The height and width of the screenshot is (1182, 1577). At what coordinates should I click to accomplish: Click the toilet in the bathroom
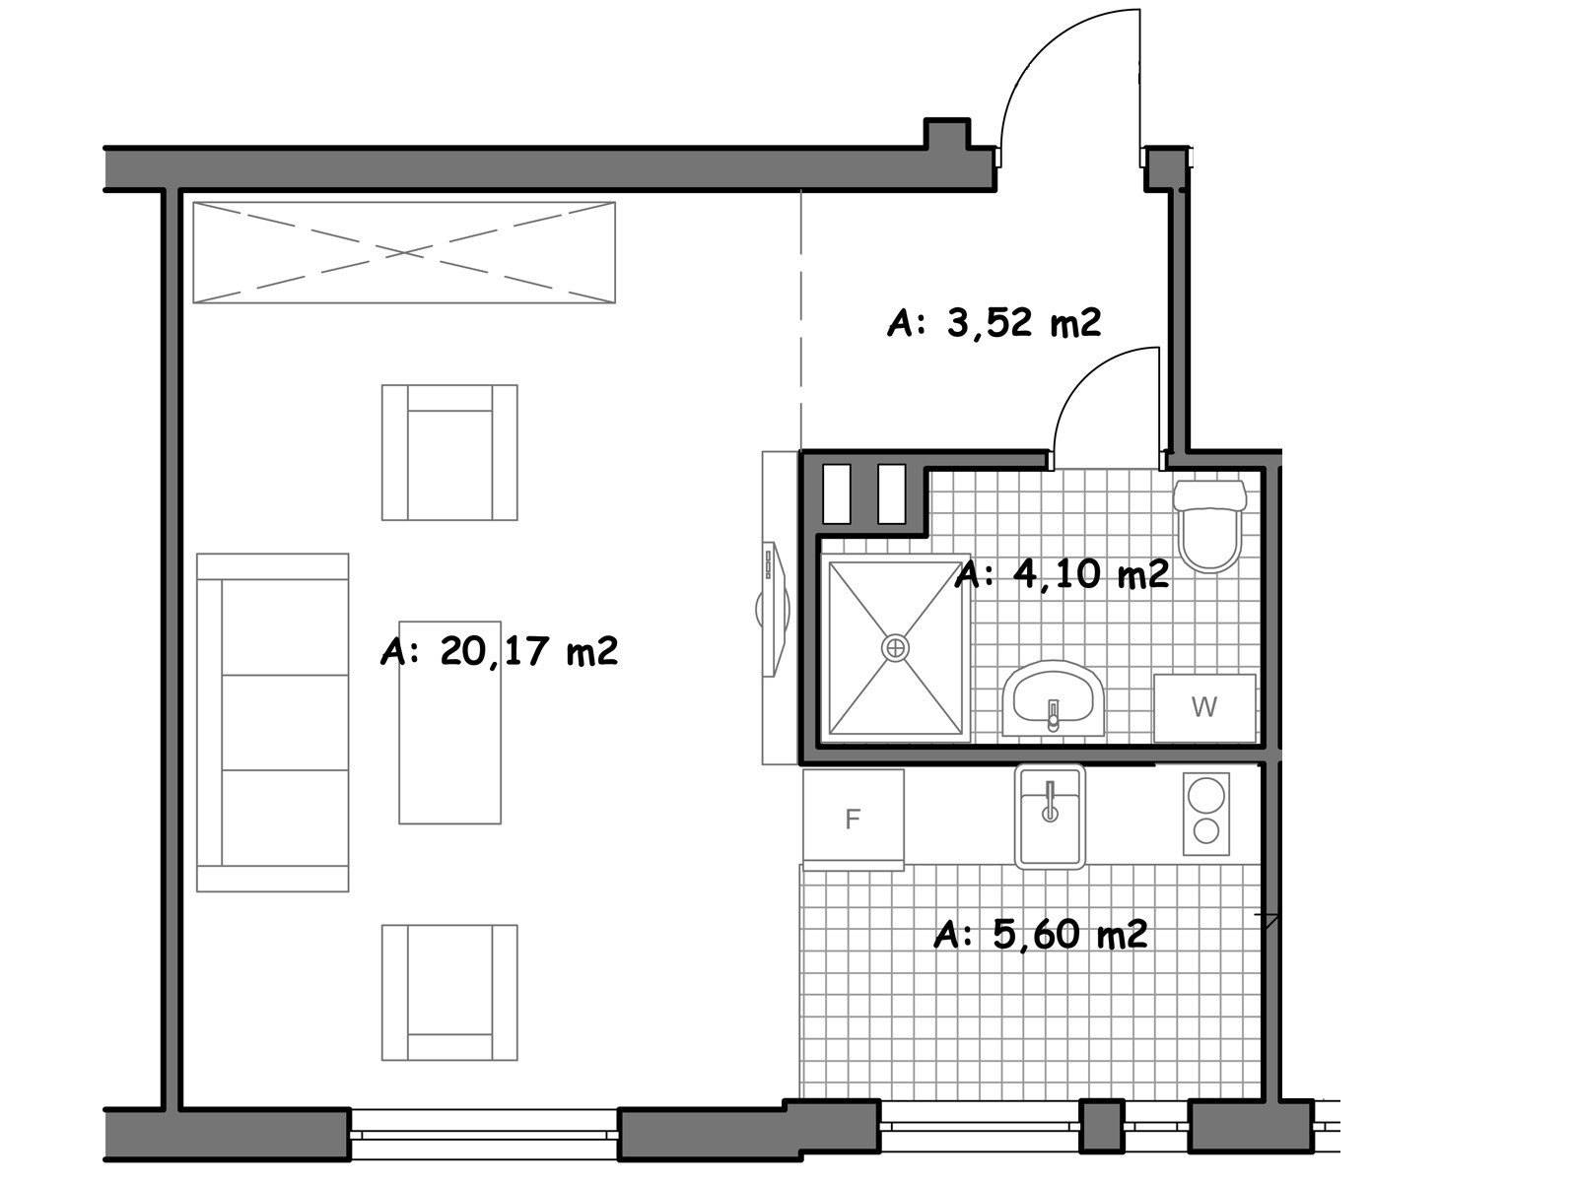pos(1210,526)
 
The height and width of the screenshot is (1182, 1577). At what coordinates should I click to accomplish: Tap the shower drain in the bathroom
pos(895,648)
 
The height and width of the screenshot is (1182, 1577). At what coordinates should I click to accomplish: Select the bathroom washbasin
pos(1054,699)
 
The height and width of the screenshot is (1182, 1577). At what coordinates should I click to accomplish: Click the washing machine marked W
pos(1204,707)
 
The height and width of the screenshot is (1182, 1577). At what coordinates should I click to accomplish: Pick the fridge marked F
pos(854,820)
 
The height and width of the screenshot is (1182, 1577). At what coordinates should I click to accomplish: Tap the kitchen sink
pos(1050,817)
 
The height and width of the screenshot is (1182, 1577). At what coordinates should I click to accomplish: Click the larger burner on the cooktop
pos(1205,795)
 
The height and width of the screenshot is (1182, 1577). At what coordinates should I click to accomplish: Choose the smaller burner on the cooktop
pos(1206,831)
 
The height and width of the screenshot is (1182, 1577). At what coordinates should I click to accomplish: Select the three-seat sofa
pos(273,723)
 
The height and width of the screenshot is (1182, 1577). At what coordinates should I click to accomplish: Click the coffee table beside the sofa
pos(449,723)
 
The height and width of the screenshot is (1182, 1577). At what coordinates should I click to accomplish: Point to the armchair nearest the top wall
pos(449,452)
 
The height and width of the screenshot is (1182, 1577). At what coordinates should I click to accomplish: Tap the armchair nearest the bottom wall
pos(449,993)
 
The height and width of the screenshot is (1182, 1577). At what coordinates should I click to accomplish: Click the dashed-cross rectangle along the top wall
pos(404,252)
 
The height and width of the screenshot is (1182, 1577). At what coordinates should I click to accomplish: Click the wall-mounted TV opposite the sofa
pos(775,610)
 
